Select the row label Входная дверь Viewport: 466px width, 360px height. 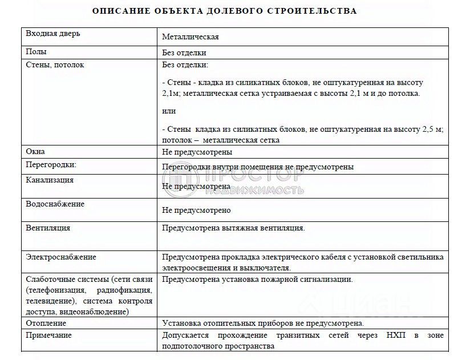tap(53, 33)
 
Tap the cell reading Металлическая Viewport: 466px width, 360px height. tap(191, 37)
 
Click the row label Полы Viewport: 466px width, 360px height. tap(37, 51)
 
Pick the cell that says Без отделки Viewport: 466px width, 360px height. tap(184, 52)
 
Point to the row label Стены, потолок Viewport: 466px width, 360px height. tap(55, 65)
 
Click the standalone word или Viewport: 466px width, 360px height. tap(169, 111)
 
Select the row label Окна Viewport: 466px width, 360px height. tap(35, 152)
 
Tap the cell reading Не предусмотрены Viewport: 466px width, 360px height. tap(197, 152)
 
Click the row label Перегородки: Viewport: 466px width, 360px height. tap(51, 165)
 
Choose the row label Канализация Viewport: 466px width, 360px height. tap(50, 180)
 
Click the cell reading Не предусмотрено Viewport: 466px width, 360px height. tap(196, 210)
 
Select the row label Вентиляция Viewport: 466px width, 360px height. tap(48, 228)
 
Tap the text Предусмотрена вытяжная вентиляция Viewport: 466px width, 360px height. tap(233, 228)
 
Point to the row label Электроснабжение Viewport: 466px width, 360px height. tap(61, 257)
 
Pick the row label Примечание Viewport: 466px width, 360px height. tap(49, 335)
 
